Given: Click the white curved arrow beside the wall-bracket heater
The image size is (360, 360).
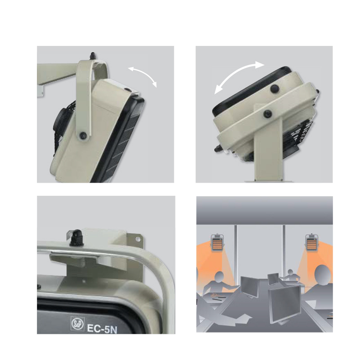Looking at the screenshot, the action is pyautogui.click(x=144, y=75).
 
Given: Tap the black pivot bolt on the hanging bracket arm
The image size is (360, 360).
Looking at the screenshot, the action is pyautogui.click(x=82, y=135).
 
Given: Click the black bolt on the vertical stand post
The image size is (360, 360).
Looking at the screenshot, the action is pyautogui.click(x=267, y=113).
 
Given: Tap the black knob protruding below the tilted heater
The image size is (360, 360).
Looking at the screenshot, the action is pyautogui.click(x=217, y=149).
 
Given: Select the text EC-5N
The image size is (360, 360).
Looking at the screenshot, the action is pyautogui.click(x=102, y=328).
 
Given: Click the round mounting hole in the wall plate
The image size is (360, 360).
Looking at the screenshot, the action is pyautogui.click(x=138, y=239).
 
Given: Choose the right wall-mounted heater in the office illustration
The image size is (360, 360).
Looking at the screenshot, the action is pyautogui.click(x=311, y=243).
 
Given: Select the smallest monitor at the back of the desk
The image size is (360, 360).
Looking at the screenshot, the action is pyautogui.click(x=273, y=279).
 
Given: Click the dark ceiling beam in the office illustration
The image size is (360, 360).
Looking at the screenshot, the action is pyautogui.click(x=265, y=211).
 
